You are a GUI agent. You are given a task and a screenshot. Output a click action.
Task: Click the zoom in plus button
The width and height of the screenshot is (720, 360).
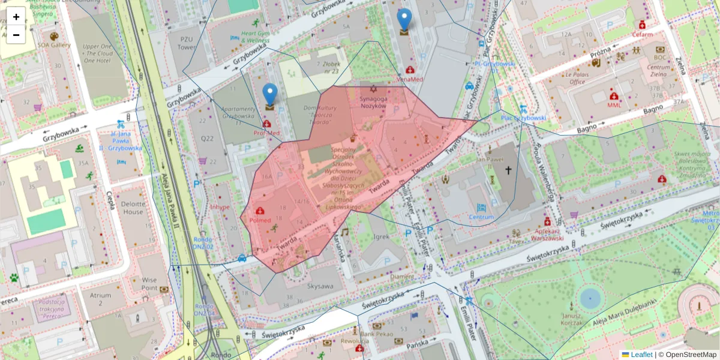(x=16, y=17)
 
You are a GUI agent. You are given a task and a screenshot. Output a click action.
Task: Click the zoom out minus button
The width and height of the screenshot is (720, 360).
(x=16, y=35)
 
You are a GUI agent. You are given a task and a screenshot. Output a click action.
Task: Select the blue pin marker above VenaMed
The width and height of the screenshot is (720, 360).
(x=405, y=22)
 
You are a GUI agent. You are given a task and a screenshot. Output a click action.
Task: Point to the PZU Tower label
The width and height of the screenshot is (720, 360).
(x=187, y=42)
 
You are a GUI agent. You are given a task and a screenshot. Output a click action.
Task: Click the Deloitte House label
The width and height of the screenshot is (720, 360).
(x=133, y=208)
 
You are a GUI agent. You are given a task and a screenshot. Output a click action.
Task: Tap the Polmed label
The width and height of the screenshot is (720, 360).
(x=260, y=220)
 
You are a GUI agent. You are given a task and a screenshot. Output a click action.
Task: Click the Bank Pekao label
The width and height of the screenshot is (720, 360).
(x=376, y=333)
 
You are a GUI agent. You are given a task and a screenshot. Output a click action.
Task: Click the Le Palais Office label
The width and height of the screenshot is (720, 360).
(x=577, y=77)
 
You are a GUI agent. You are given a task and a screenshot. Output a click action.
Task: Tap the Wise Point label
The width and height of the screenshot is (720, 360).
(x=149, y=283)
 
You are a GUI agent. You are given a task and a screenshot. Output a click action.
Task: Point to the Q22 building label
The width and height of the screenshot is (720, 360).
(x=207, y=139)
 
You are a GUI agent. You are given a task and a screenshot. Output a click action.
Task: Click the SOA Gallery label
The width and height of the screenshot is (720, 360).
(x=54, y=45)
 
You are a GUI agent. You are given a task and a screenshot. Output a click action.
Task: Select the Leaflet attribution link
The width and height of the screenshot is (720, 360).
(x=641, y=355)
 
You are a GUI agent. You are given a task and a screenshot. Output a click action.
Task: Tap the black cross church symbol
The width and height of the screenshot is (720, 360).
(x=508, y=170)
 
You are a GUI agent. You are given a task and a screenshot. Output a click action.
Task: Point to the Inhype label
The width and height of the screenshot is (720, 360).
(x=220, y=207)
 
